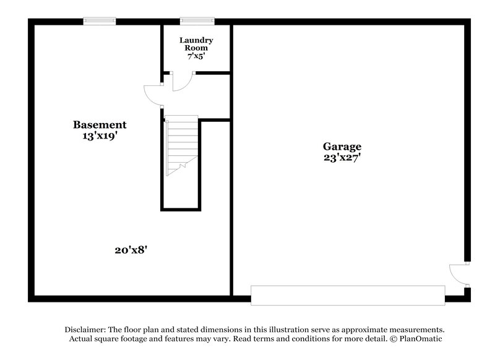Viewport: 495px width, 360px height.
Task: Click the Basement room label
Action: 100,125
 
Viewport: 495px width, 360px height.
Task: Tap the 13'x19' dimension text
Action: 100,136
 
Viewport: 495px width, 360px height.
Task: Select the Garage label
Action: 342,147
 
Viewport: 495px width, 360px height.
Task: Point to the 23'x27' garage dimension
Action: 342,158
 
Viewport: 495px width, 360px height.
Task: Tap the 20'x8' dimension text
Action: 131,250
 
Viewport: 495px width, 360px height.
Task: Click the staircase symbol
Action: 182,145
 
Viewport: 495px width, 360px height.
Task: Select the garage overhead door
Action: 348,295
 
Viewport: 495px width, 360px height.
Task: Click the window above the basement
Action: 100,21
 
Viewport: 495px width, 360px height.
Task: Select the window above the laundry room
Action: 197,21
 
